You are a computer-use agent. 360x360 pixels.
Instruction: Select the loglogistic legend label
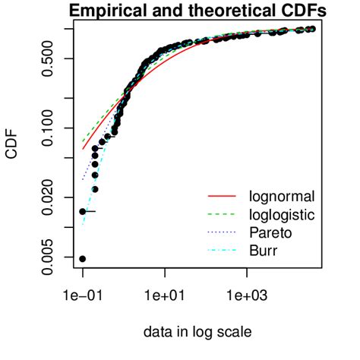pyautogui.click(x=280, y=214)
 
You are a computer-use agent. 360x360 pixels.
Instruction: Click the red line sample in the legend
pyautogui.click(x=220, y=197)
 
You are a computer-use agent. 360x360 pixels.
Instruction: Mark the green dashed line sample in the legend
pyautogui.click(x=220, y=214)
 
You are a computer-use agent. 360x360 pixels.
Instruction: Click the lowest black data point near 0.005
pyautogui.click(x=82, y=259)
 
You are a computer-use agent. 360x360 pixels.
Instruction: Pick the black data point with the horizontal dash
pyautogui.click(x=83, y=211)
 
